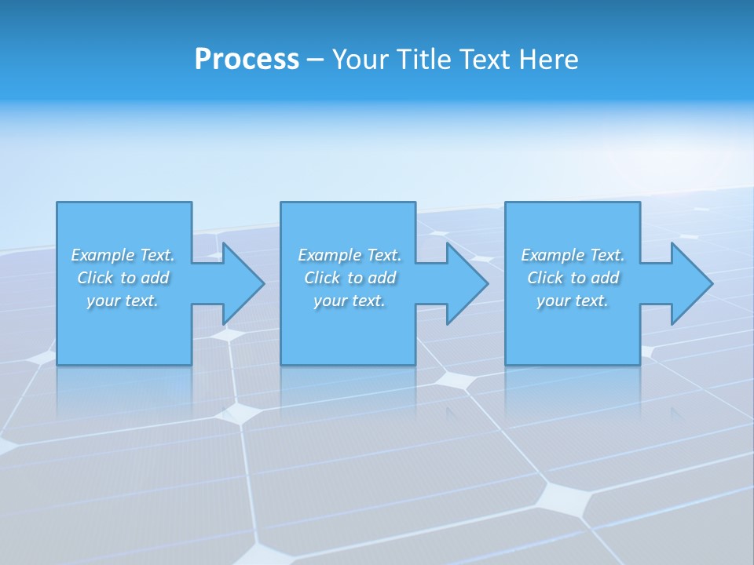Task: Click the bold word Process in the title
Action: [x=247, y=60]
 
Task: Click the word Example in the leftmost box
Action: [x=102, y=255]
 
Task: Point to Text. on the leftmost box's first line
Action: [x=157, y=255]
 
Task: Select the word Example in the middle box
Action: [x=329, y=255]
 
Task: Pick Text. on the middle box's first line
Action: [x=384, y=255]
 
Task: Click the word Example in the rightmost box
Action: [x=552, y=255]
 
